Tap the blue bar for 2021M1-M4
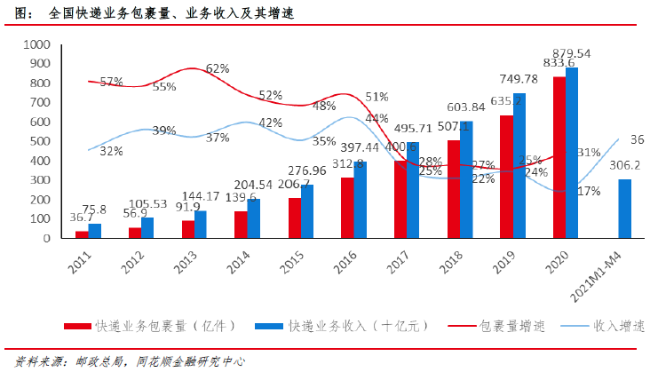coord(625,209)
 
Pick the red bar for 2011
coord(82,234)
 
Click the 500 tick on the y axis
coord(40,141)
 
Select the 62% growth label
coord(218,68)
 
